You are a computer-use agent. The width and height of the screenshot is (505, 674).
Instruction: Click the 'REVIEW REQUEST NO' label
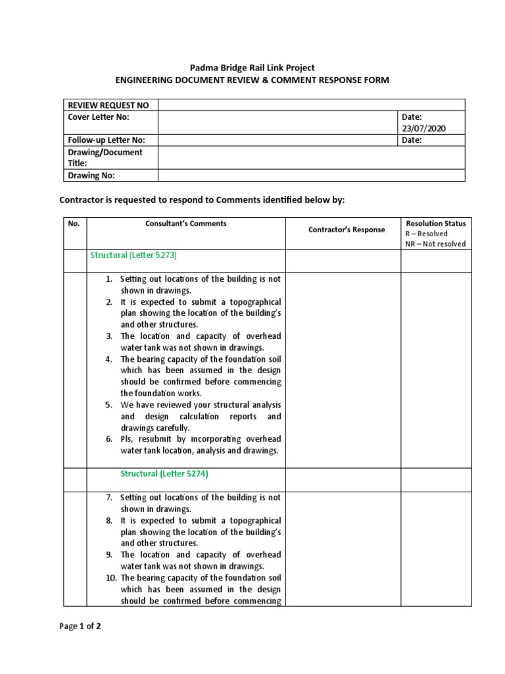coord(108,105)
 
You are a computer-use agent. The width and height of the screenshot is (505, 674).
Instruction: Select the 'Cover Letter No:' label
coord(99,117)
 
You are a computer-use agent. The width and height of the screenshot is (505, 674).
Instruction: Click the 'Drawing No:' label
coord(91,175)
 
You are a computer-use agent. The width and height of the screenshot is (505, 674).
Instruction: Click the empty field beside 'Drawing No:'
coord(311,175)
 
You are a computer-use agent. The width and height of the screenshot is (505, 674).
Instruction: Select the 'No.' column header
coord(74,223)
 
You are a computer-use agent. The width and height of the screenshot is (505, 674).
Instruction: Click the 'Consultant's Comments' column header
coord(186,223)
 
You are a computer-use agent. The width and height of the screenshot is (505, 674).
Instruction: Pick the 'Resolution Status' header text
coord(436,223)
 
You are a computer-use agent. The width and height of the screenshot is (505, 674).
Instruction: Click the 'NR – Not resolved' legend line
coord(435,244)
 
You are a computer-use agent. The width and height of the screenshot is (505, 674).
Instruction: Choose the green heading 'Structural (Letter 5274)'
coord(164,473)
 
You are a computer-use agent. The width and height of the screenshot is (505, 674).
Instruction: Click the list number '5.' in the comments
coord(110,405)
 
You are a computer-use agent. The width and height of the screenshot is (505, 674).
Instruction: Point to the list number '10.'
coord(109,578)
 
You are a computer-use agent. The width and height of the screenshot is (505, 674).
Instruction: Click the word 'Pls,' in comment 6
coord(128,439)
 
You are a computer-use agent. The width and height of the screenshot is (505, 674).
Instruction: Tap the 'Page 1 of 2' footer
coord(80,627)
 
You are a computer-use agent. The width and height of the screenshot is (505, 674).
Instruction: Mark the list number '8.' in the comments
coord(110,521)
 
